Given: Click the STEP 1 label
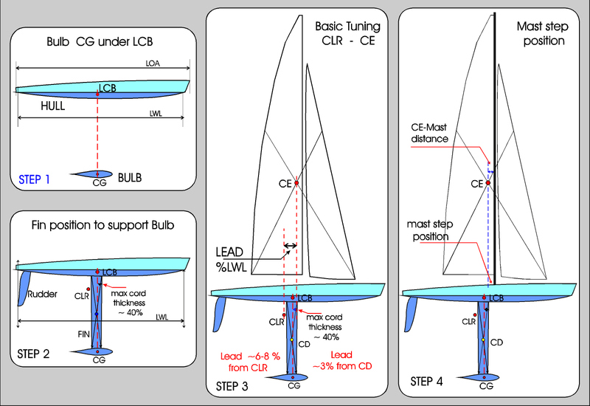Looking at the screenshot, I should (x=36, y=178).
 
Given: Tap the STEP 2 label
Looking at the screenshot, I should (x=34, y=353).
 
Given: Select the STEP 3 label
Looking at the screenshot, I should (x=235, y=385).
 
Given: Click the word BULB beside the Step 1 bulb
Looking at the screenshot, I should (x=130, y=178).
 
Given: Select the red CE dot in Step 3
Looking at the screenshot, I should (x=296, y=182).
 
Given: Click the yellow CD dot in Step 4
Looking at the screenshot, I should (x=482, y=340).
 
